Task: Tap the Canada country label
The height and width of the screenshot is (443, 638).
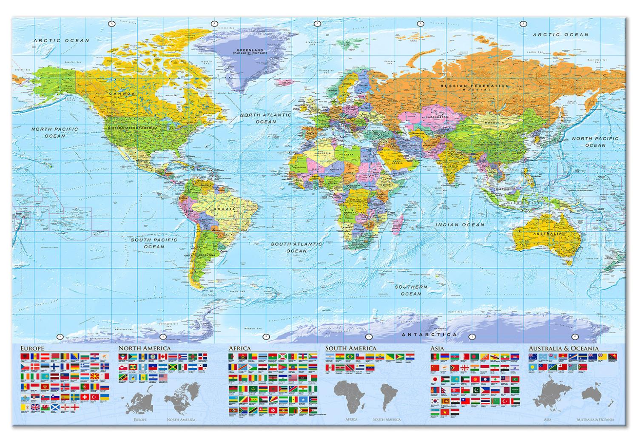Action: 122,94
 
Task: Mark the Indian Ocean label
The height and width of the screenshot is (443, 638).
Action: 460,224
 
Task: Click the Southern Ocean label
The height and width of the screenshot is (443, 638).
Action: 411,290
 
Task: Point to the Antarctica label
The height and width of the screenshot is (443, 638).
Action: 430,335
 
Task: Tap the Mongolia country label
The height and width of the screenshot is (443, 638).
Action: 493,123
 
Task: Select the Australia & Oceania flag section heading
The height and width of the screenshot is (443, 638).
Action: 563,348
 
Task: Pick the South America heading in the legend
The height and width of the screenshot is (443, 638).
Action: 351,348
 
